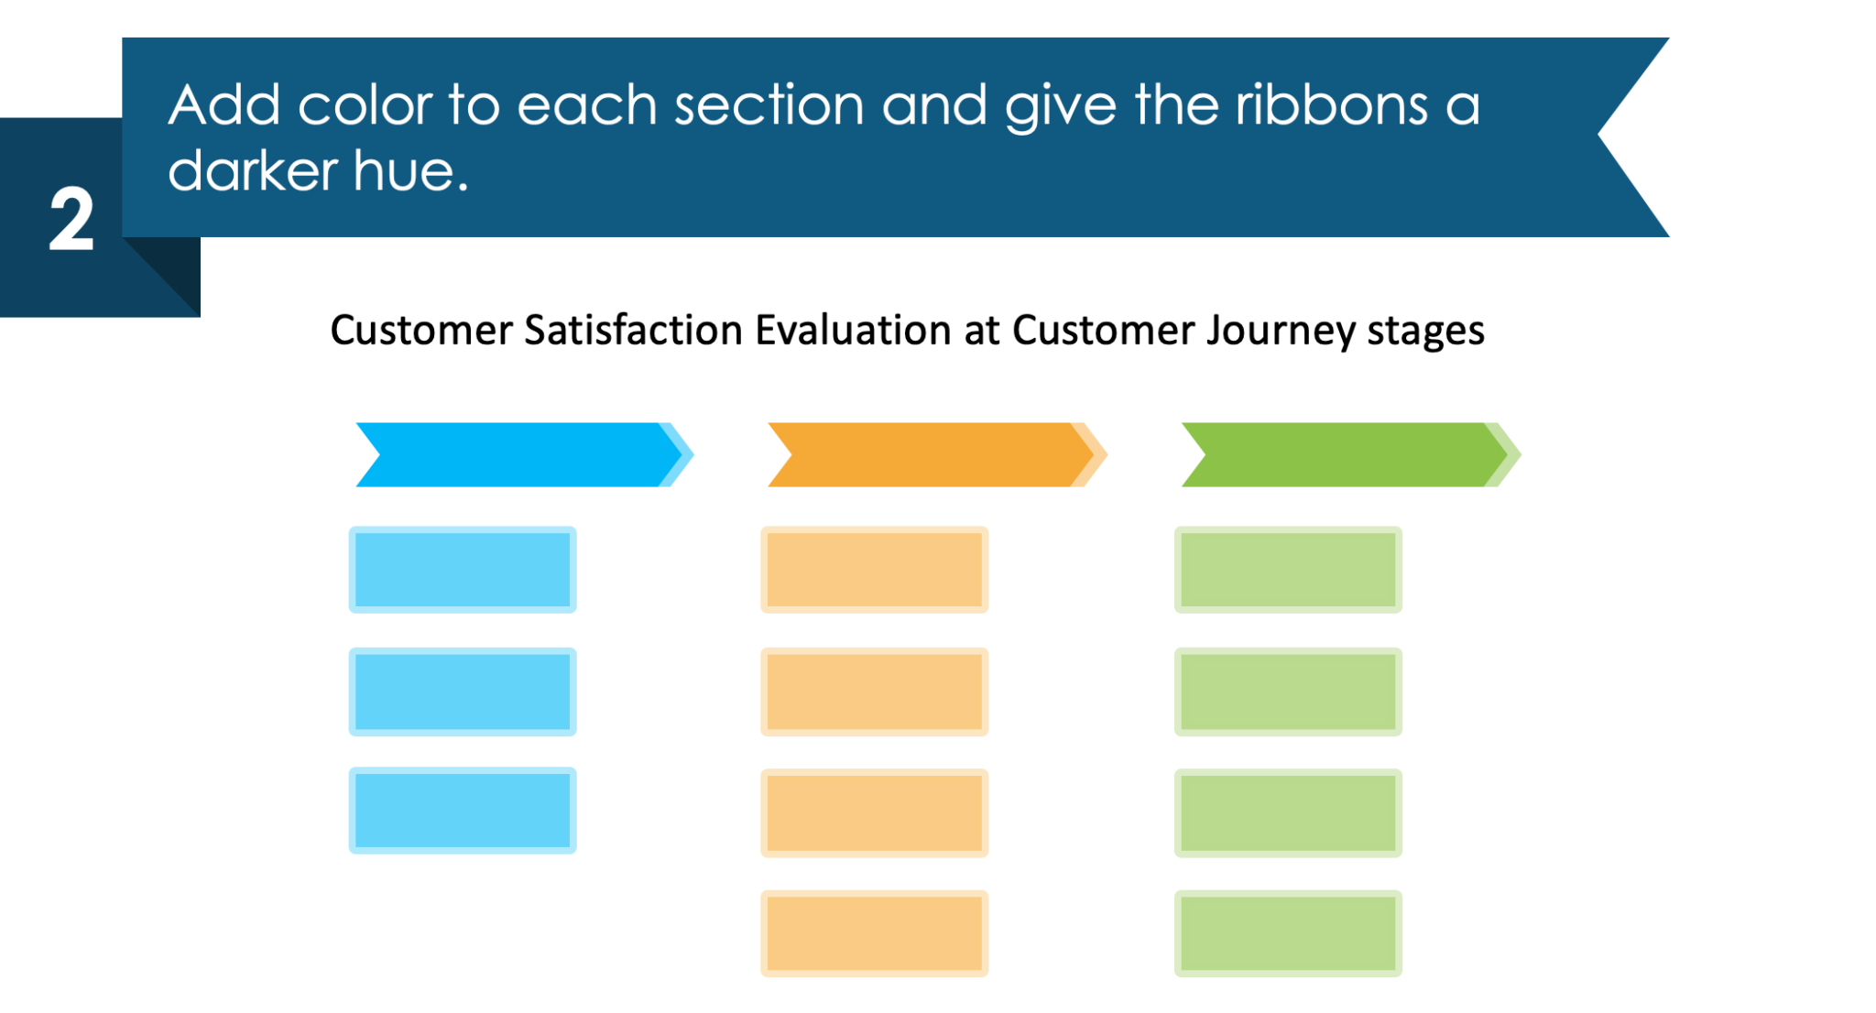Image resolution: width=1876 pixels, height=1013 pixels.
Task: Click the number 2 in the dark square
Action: coord(71,220)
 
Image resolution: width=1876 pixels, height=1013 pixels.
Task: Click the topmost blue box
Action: coord(463,569)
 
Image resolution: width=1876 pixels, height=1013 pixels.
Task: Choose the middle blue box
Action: coord(463,692)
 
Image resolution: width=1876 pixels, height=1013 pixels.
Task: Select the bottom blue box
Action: coord(463,811)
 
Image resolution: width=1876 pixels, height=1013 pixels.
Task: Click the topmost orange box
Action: coord(874,569)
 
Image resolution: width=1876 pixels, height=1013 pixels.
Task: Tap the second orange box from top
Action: coord(874,692)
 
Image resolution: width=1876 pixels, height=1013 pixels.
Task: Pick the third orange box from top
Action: coord(874,812)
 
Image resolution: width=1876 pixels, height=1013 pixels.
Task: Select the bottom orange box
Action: coord(874,932)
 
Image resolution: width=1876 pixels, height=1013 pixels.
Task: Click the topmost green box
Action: coord(1288,569)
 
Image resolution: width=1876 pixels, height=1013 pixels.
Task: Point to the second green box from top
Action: coord(1288,692)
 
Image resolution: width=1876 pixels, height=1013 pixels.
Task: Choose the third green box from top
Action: coord(1288,812)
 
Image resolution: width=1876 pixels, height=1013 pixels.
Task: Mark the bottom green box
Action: coord(1288,932)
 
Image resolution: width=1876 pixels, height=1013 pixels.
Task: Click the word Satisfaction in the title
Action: coord(632,331)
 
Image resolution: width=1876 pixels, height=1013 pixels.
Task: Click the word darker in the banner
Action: coord(253,171)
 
